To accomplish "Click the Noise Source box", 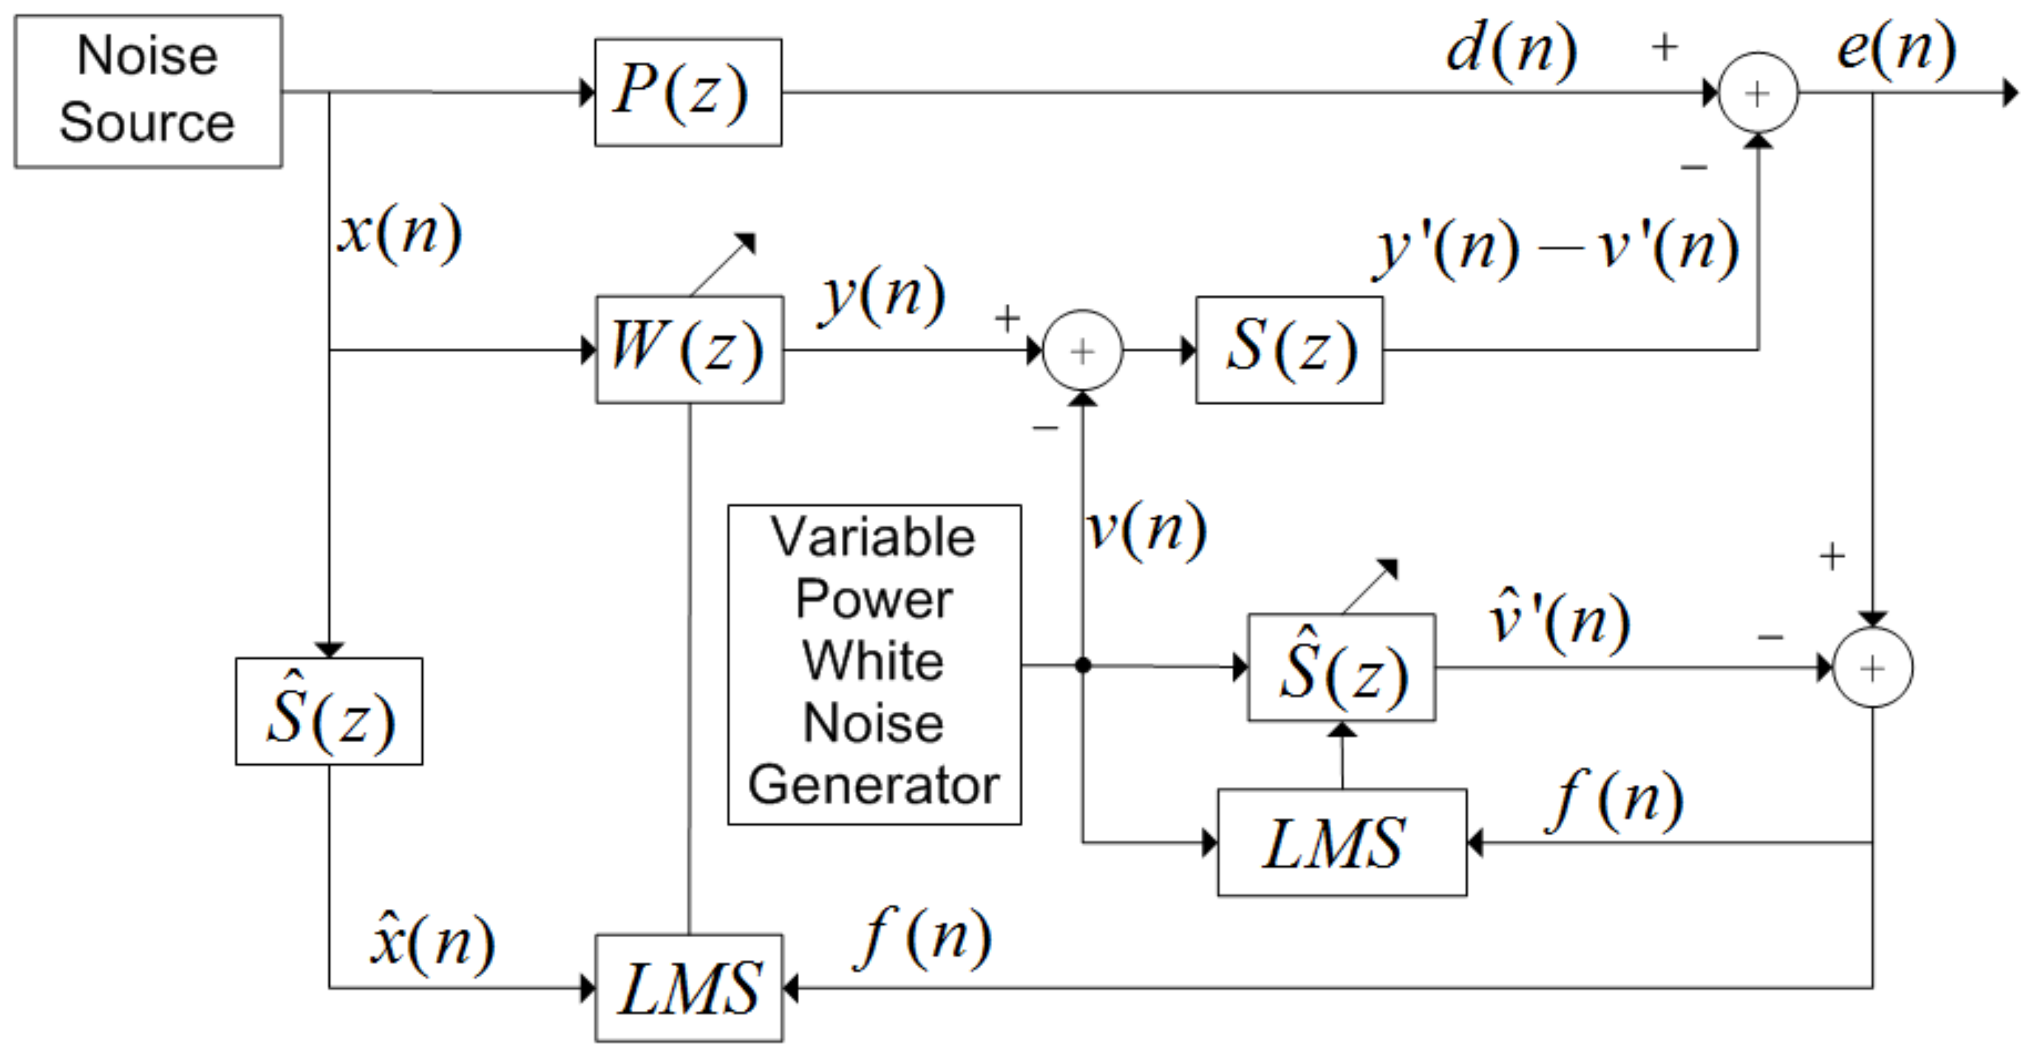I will [148, 91].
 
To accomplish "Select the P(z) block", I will [688, 92].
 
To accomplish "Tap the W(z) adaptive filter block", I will [689, 349].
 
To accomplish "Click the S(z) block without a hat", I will [1288, 350].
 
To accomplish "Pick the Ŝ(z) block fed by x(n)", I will [328, 711].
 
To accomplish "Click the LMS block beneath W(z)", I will [689, 988].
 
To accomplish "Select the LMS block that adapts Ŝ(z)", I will [1341, 842].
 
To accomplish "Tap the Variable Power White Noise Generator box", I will [875, 664].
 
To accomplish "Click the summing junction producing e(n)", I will [1758, 93].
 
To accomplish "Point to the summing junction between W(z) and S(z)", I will [1082, 350].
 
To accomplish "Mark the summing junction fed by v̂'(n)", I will [1872, 668].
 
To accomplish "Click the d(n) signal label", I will [1511, 51].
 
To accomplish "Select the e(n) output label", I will [1896, 49].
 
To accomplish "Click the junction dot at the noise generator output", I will [1083, 666].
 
